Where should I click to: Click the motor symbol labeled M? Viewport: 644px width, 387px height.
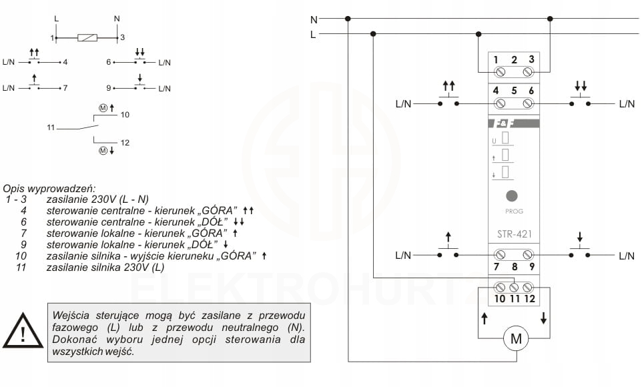tap(515, 340)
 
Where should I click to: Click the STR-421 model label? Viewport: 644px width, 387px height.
tap(513, 234)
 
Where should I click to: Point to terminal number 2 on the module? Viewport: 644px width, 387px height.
tap(514, 60)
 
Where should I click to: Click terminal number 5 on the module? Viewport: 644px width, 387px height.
tap(514, 91)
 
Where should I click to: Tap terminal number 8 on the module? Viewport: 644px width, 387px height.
tap(514, 268)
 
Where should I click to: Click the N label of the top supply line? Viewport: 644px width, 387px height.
tap(314, 19)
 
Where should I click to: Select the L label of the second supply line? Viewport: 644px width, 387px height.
tap(313, 34)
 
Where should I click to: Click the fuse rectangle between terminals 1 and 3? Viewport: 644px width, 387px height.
tap(88, 38)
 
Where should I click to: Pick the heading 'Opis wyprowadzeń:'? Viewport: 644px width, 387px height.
tap(49, 188)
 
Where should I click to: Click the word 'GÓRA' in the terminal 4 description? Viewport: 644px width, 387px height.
tap(218, 210)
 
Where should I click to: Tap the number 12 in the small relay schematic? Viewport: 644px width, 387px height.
tap(125, 143)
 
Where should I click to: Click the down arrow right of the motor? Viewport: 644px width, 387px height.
tap(544, 319)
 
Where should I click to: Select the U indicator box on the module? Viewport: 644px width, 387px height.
tap(505, 139)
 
